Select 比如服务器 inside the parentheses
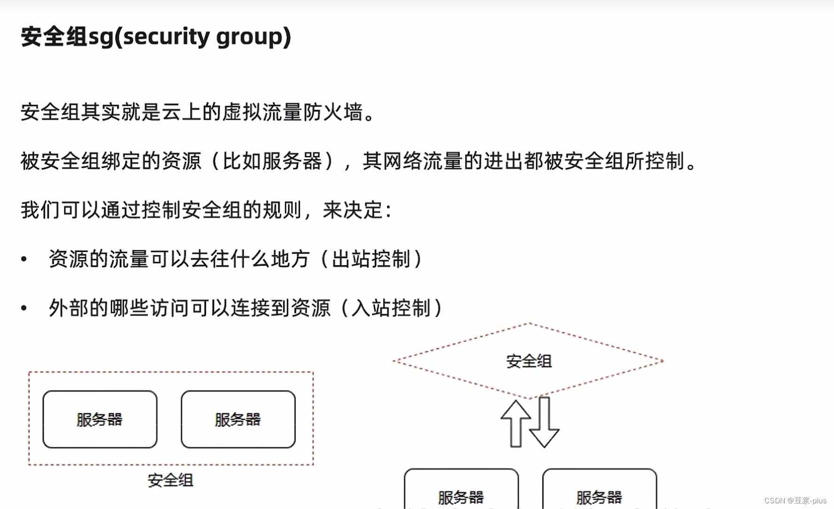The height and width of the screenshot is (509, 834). point(272,161)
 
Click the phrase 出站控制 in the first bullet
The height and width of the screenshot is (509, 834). point(371,259)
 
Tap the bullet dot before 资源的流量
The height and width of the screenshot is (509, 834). point(24,259)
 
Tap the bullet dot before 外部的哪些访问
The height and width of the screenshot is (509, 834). point(24,308)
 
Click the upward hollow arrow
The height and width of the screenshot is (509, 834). point(516,423)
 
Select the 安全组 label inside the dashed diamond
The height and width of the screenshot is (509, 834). point(529,361)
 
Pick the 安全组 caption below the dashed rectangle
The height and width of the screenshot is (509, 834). point(170,480)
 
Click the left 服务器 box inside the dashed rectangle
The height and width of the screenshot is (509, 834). point(100,419)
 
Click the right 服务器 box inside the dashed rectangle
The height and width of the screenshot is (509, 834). point(238,419)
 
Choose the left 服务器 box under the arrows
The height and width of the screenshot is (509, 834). point(461,491)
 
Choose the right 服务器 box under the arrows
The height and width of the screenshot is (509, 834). point(599,491)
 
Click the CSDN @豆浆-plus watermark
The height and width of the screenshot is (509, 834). point(795,501)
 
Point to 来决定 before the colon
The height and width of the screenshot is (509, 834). point(353,210)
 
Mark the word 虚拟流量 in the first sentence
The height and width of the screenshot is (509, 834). point(262,112)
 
